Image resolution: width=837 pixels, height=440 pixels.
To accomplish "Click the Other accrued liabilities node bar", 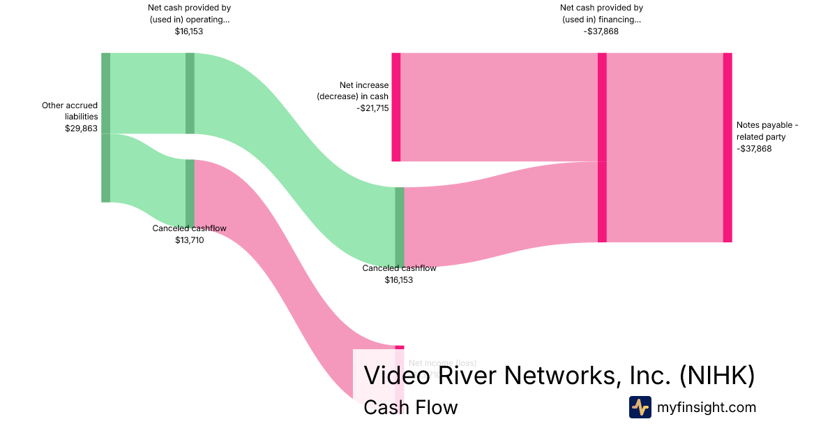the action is tap(105, 127).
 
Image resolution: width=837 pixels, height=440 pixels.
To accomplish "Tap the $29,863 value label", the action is tap(81, 129).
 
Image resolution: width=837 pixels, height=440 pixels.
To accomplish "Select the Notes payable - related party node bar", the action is tap(727, 147).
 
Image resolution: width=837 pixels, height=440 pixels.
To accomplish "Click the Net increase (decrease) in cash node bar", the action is tap(395, 107).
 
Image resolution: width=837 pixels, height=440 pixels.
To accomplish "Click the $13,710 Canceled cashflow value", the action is tap(189, 240).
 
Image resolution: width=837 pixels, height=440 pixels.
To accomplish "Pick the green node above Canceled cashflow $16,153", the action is tap(400, 227).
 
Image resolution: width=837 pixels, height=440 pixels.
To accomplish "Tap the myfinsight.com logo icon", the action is tap(640, 407).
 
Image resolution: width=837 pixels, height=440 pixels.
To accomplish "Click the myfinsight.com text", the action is tap(707, 407).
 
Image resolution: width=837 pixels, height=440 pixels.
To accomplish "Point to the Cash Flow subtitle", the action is tap(410, 407).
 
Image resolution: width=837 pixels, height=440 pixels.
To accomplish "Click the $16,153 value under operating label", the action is tap(189, 31).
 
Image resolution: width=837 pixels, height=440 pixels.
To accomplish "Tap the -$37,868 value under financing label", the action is tap(601, 31).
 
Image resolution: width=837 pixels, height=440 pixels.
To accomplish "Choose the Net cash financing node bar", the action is tap(602, 147).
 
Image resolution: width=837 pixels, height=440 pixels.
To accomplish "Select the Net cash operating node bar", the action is tap(190, 93).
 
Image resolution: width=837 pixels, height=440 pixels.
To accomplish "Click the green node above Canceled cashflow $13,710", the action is tap(190, 193).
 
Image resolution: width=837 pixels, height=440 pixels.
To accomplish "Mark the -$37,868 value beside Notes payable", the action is tap(754, 149).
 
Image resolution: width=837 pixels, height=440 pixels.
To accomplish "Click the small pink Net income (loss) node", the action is tap(400, 347).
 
